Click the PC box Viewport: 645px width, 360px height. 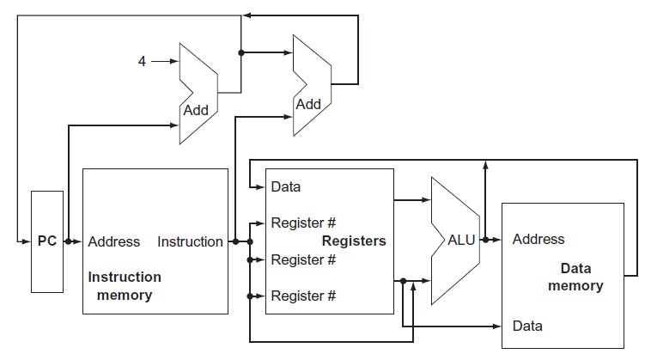tap(46, 241)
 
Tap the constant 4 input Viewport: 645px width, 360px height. tap(143, 61)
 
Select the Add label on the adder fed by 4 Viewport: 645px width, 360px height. tap(196, 110)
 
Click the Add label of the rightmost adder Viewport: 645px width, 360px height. tap(307, 104)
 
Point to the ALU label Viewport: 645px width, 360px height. tap(461, 241)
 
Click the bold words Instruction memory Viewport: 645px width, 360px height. tap(125, 286)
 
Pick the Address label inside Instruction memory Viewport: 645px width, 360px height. tap(113, 241)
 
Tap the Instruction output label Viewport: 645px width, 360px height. tap(190, 241)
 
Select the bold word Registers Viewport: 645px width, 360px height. tap(354, 241)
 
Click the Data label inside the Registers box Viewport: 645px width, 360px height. tap(285, 186)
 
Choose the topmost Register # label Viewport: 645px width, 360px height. tap(302, 223)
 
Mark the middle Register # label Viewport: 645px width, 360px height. tap(302, 259)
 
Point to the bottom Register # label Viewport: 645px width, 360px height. tap(302, 296)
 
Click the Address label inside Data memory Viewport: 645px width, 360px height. tap(539, 239)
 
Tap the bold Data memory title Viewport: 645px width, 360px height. tap(575, 277)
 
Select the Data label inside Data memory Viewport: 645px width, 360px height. tap(526, 326)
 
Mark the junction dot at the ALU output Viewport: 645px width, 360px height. tap(485, 241)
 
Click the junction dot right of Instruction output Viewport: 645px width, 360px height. tap(235, 241)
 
